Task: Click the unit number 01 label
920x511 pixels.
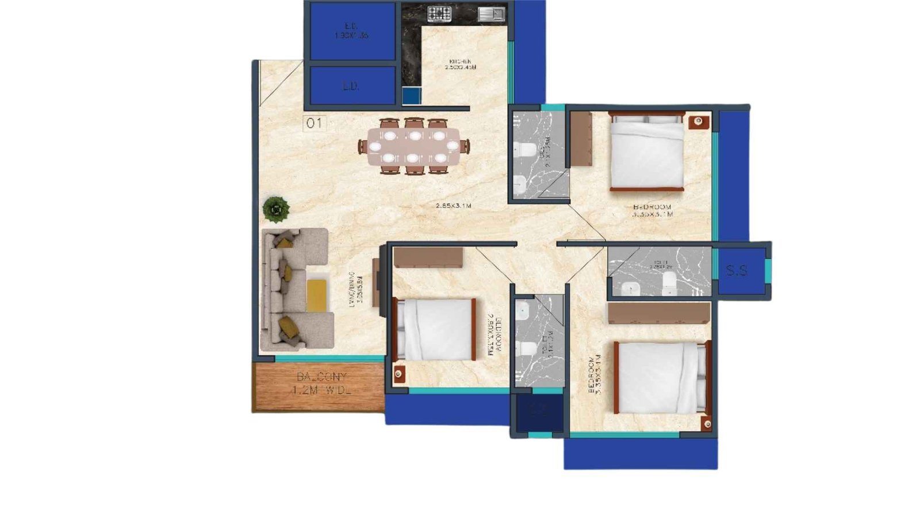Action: click(314, 123)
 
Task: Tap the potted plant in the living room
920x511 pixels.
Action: click(276, 209)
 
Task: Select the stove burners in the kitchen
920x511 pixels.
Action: click(439, 14)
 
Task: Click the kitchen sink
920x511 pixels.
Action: click(491, 14)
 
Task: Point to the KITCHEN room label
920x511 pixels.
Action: click(460, 62)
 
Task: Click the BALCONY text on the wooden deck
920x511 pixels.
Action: click(322, 377)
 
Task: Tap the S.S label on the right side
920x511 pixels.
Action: click(737, 270)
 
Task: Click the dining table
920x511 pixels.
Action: click(414, 147)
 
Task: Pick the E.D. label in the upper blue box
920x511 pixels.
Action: click(351, 26)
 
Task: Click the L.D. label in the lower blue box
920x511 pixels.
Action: click(351, 86)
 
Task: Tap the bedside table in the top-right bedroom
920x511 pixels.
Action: click(699, 121)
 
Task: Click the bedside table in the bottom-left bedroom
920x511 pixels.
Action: click(398, 374)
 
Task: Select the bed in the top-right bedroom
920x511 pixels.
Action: click(647, 152)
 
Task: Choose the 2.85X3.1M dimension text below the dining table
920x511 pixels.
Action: click(453, 206)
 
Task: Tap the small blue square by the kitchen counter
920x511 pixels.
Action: click(411, 95)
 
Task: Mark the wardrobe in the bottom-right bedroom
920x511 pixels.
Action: click(659, 314)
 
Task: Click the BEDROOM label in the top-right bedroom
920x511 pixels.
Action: click(651, 207)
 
